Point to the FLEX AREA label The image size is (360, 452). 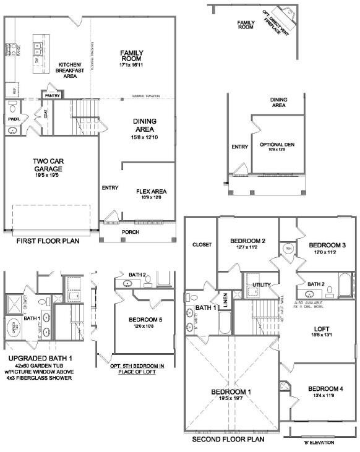[152, 191]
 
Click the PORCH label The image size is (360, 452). [130, 232]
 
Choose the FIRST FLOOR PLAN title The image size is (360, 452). [44, 241]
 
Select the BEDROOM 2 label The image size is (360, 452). [248, 241]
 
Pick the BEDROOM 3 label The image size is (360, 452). [327, 245]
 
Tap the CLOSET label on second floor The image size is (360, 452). [202, 244]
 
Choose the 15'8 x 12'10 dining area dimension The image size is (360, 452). [144, 136]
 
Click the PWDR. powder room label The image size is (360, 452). [14, 119]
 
